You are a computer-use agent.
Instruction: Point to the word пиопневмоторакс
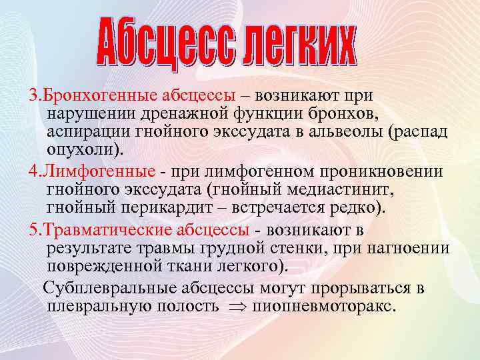point(324,307)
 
